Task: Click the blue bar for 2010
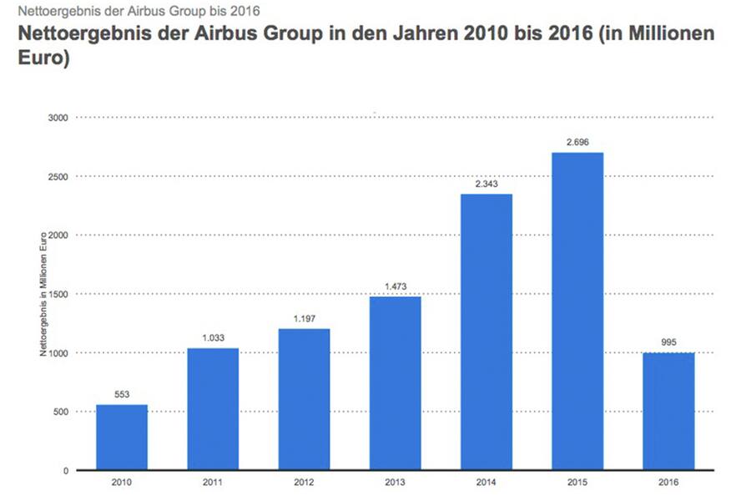point(122,438)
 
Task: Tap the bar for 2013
point(396,383)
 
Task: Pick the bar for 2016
point(669,411)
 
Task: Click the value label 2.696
point(577,143)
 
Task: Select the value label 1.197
point(305,319)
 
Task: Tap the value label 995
point(669,343)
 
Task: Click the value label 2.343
point(486,185)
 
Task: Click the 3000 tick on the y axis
point(58,118)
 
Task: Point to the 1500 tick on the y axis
point(58,294)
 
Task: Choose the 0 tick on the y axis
point(64,470)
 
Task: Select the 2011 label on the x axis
point(213,483)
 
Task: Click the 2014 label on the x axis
point(486,483)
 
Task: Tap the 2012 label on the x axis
point(305,483)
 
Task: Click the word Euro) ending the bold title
point(36,61)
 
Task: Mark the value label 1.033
point(213,337)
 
